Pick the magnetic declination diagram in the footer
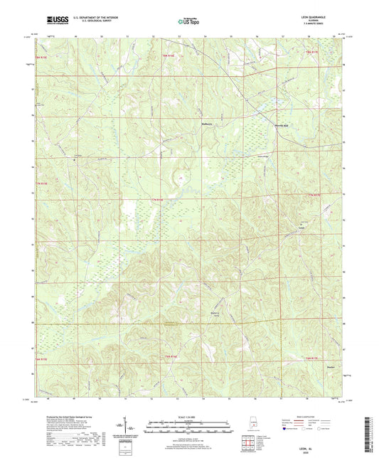coord(131,427)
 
